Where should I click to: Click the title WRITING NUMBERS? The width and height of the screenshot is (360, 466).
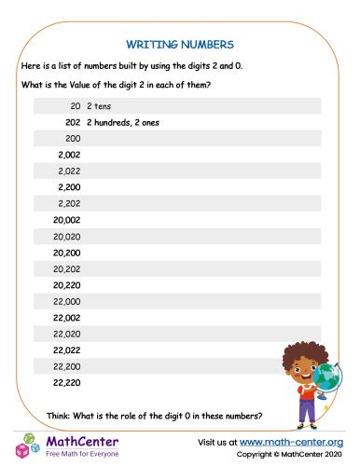tap(179, 43)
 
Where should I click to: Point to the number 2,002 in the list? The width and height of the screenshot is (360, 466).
tap(68, 155)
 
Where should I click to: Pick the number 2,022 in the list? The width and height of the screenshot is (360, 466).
tap(68, 171)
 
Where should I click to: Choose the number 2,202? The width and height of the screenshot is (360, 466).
tap(68, 203)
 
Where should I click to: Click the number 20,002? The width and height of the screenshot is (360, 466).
tap(66, 220)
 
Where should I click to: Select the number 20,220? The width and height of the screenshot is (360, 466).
tap(66, 285)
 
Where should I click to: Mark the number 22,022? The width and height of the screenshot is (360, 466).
tap(66, 350)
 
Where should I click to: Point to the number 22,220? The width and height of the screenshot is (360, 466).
tap(66, 382)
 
